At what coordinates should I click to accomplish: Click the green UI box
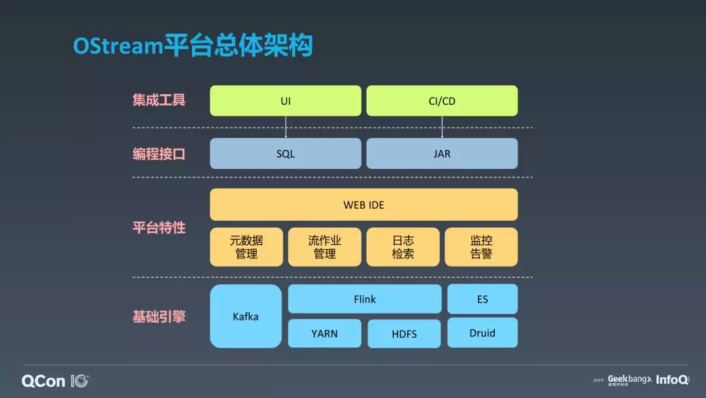(x=285, y=101)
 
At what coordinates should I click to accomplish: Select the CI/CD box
(x=442, y=101)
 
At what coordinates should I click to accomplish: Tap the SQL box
(x=285, y=154)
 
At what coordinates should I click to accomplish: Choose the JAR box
(x=442, y=154)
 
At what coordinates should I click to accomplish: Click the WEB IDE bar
(x=363, y=205)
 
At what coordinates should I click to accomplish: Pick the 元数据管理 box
(x=246, y=247)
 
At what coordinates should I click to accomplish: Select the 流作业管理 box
(x=324, y=247)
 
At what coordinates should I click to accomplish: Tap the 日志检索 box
(x=403, y=247)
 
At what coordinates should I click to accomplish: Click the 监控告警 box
(x=481, y=247)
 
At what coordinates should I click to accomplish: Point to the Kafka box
(x=246, y=316)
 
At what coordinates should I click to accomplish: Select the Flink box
(x=365, y=299)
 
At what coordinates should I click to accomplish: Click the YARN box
(x=324, y=333)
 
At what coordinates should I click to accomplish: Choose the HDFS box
(x=404, y=334)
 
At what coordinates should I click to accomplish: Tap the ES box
(x=482, y=299)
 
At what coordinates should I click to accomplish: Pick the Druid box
(x=482, y=333)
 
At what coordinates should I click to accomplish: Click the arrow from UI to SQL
(x=286, y=127)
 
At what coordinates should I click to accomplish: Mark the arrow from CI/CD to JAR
(x=442, y=127)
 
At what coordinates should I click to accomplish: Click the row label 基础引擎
(x=159, y=317)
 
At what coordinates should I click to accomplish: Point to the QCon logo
(x=55, y=381)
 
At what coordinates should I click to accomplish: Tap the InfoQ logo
(x=672, y=380)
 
